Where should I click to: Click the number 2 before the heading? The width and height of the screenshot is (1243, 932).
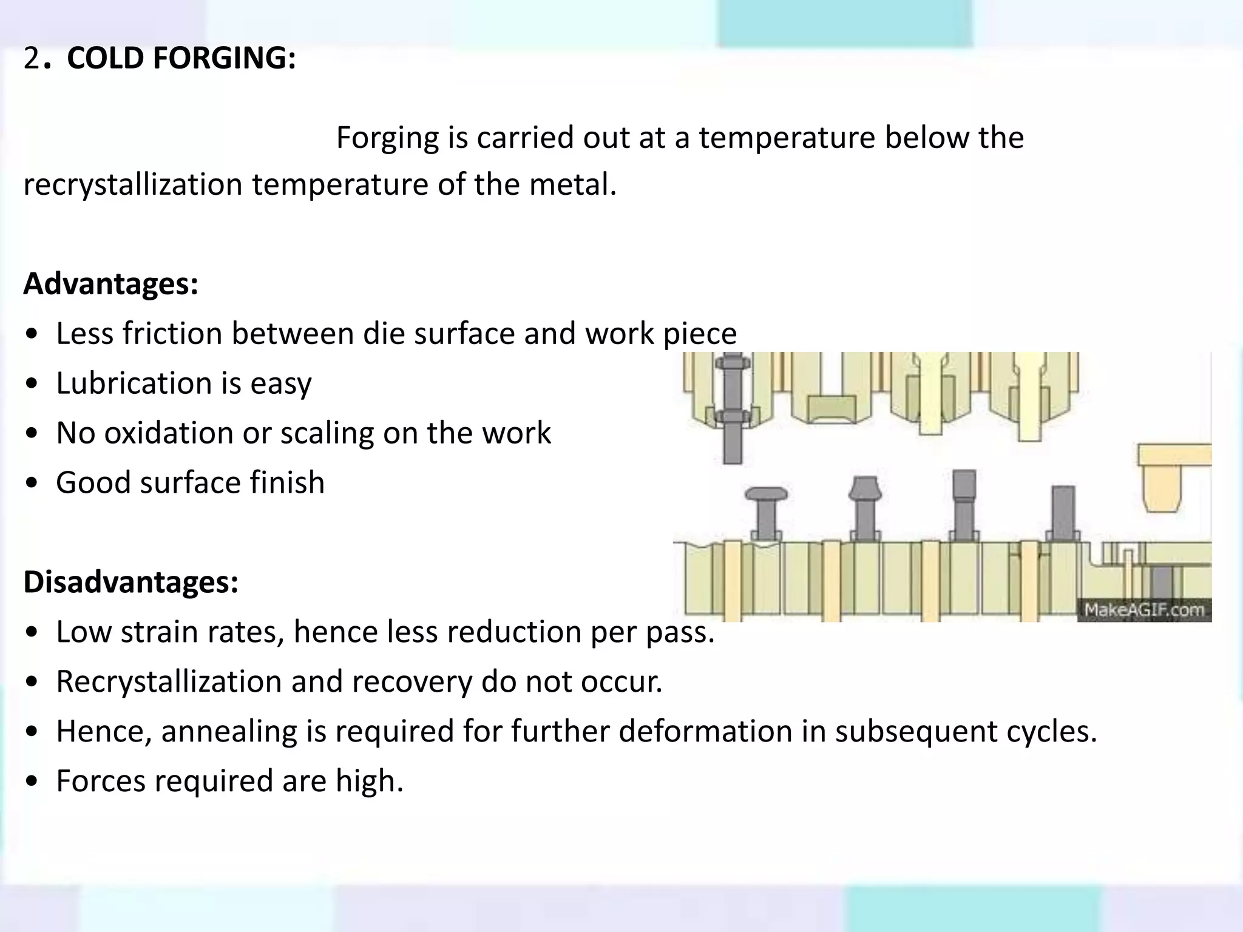pyautogui.click(x=31, y=58)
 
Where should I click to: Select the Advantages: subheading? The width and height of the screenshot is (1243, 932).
pyautogui.click(x=111, y=283)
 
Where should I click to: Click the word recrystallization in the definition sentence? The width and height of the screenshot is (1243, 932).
pyautogui.click(x=133, y=184)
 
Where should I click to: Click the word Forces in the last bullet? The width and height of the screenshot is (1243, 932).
pyautogui.click(x=100, y=780)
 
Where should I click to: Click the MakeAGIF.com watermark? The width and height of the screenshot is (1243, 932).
pyautogui.click(x=1144, y=609)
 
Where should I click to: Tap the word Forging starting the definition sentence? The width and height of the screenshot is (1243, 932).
pyautogui.click(x=387, y=138)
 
